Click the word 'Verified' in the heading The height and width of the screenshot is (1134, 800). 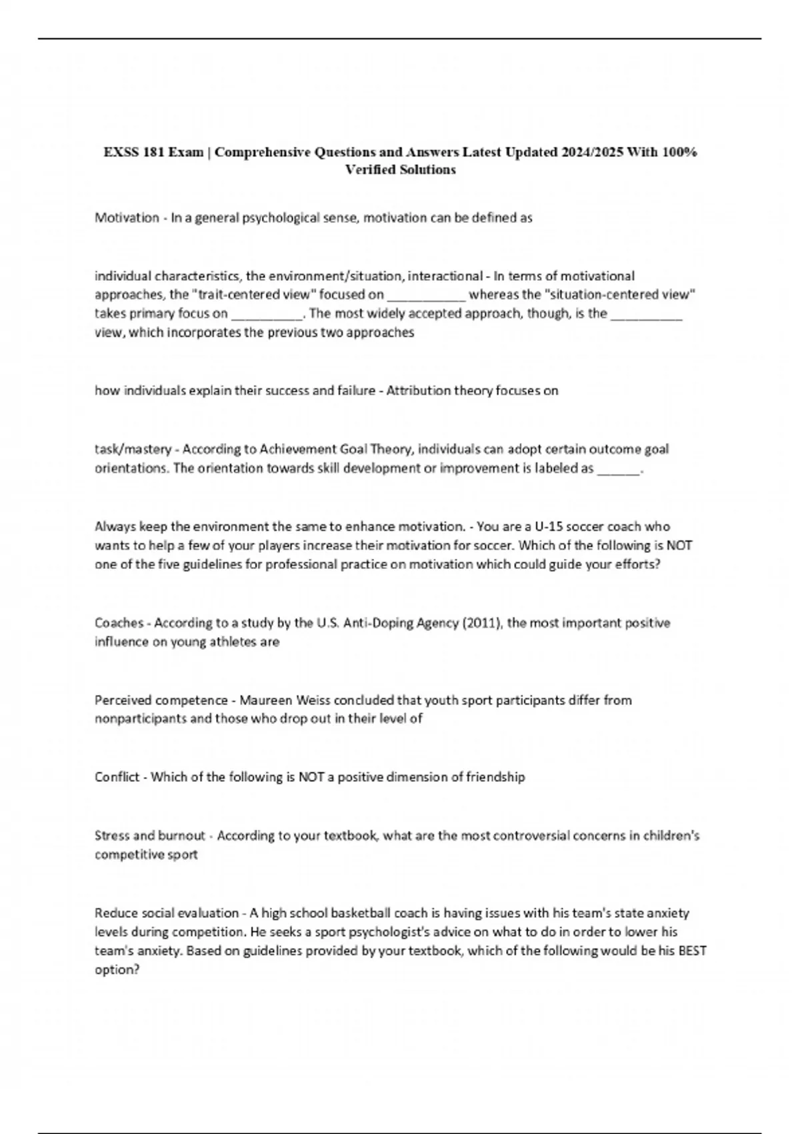point(369,169)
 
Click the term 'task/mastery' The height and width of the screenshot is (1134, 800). point(132,449)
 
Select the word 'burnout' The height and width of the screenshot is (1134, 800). point(182,835)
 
